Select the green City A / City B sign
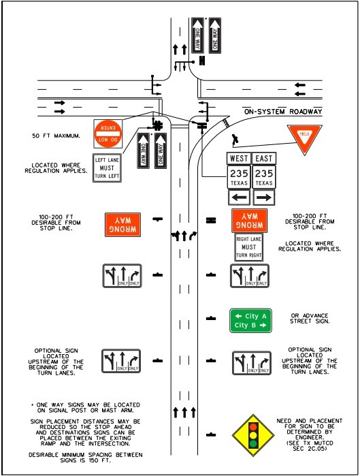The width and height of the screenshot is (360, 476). click(251, 321)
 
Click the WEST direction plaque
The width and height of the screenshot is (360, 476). click(239, 159)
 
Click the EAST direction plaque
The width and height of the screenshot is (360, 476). click(264, 159)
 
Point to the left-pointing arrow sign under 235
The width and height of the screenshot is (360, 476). click(239, 197)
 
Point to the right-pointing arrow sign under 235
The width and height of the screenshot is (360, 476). click(264, 197)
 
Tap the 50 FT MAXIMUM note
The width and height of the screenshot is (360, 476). click(56, 136)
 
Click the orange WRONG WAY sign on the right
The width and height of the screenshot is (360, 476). click(249, 219)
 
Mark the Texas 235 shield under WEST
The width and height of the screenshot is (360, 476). click(239, 178)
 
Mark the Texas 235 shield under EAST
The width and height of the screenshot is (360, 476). click(264, 178)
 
